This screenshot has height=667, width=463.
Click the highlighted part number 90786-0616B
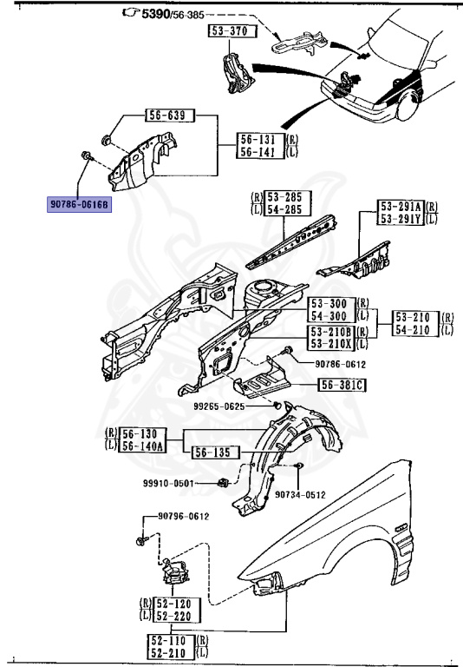80,205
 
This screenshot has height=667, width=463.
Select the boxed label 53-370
226,31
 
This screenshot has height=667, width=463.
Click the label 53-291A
400,207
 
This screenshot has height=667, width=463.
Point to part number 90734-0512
300,495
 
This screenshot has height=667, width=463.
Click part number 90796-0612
184,517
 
